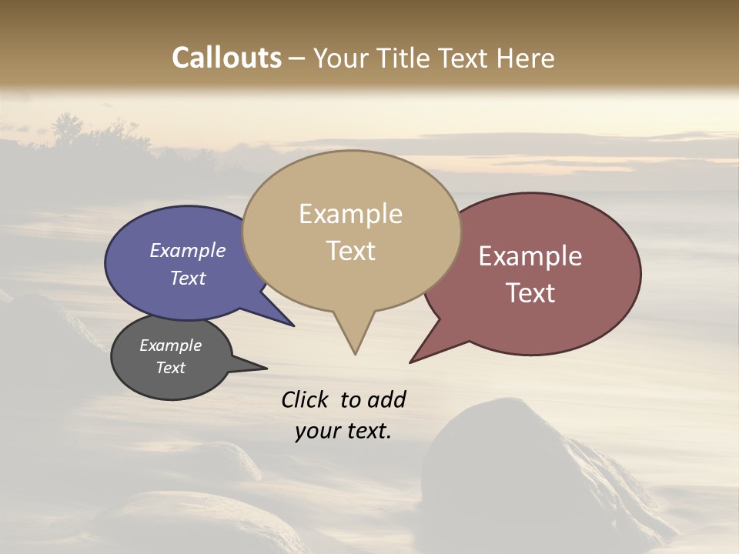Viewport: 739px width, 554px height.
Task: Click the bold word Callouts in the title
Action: click(x=226, y=58)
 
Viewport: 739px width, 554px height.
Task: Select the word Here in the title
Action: click(x=527, y=58)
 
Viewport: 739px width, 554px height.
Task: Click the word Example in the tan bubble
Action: click(x=350, y=214)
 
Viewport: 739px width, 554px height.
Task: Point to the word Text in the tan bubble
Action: click(x=350, y=250)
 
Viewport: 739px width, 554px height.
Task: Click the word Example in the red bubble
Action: click(x=530, y=256)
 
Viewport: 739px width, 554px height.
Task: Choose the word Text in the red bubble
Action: click(x=530, y=292)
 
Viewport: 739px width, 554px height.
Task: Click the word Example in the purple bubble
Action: click(x=187, y=251)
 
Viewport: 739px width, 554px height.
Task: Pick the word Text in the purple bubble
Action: click(x=187, y=278)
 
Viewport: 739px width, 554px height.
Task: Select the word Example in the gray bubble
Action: click(x=170, y=345)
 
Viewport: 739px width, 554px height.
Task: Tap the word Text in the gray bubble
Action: click(x=170, y=368)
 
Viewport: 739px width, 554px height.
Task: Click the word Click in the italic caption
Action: click(x=306, y=399)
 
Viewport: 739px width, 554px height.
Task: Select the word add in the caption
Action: click(x=387, y=399)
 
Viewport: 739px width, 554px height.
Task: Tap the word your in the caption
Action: click(x=316, y=431)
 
